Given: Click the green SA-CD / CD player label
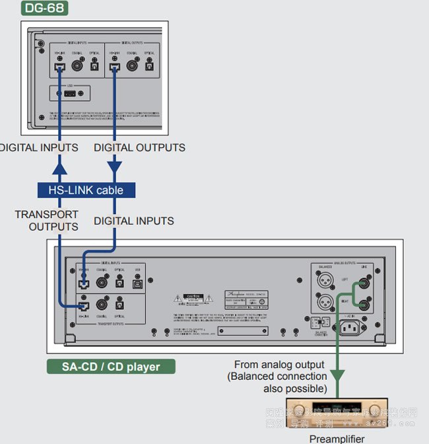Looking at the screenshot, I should coord(111,367).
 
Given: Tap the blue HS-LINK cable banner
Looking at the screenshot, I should coord(86,190).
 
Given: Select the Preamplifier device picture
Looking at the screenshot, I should coord(336,414).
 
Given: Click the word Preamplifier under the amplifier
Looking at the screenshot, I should coord(336,438).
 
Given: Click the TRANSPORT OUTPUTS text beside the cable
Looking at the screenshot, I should coord(46,220).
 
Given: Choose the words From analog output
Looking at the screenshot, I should coord(279,365).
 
